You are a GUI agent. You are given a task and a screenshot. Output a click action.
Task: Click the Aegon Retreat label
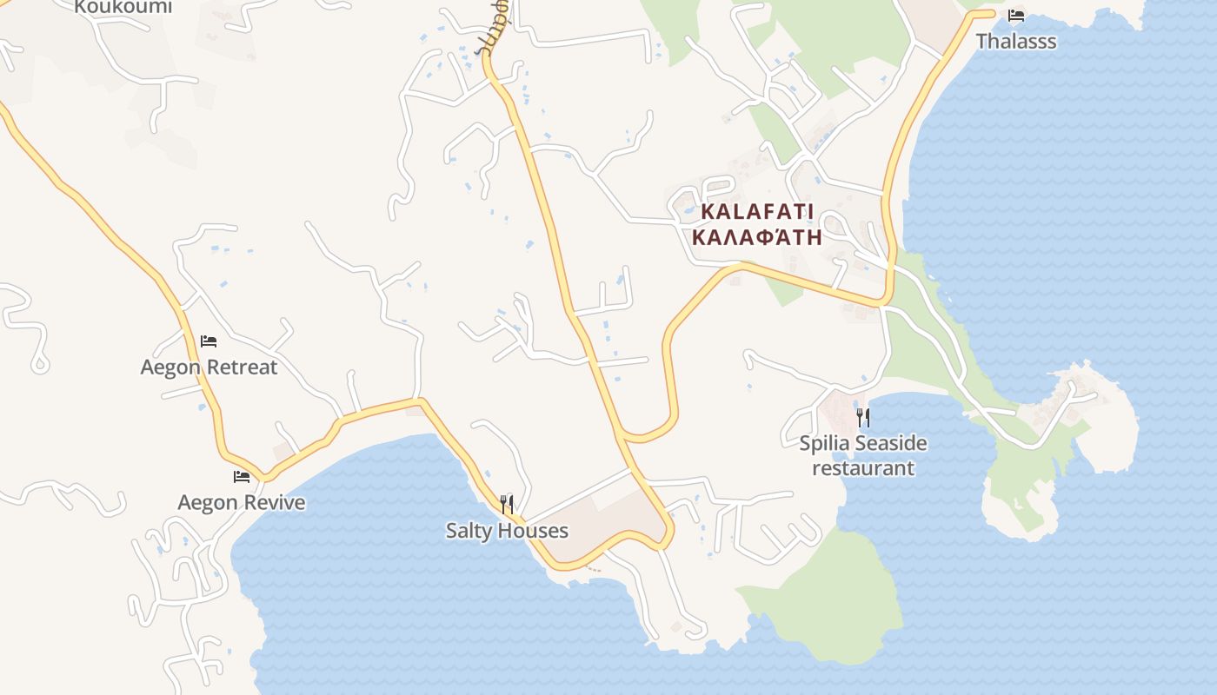point(209,367)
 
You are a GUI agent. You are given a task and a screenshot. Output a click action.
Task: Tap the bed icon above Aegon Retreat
point(209,341)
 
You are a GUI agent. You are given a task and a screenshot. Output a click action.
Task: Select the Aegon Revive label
point(242,502)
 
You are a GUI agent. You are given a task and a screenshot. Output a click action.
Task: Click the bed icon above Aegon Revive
point(242,476)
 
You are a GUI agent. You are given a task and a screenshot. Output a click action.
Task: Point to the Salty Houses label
point(507,530)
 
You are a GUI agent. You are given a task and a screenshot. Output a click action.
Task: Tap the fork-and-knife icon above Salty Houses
point(507,503)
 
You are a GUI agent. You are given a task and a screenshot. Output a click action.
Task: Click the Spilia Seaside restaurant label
point(863,455)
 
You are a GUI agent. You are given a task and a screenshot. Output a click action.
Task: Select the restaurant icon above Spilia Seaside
point(862,417)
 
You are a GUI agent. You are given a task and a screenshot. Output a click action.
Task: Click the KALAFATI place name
point(757,211)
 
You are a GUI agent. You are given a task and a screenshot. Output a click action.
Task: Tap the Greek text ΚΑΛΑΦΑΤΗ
point(757,237)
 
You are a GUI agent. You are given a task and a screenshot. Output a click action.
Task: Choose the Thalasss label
point(1016,41)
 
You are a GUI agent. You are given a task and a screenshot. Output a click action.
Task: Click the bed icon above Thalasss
point(1016,16)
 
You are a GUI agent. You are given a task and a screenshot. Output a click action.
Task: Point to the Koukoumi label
point(123,7)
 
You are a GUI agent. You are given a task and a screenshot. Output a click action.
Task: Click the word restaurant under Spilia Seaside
point(863,467)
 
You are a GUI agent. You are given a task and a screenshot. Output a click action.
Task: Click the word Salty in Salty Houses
point(469,530)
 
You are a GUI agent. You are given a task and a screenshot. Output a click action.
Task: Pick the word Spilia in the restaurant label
point(824,443)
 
